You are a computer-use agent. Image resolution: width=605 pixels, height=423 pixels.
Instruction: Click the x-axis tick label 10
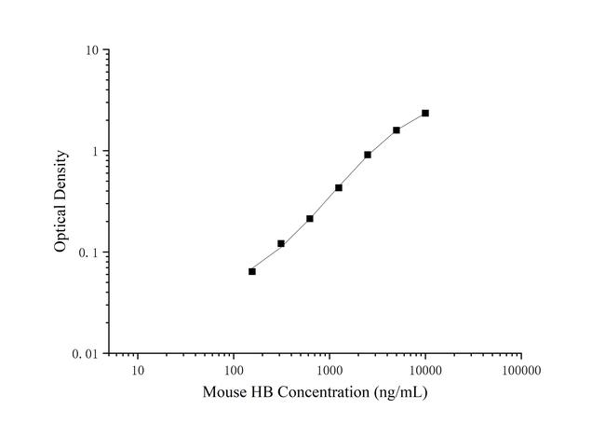pyautogui.click(x=138, y=371)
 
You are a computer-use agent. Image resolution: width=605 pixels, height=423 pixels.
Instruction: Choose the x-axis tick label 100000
pyautogui.click(x=520, y=371)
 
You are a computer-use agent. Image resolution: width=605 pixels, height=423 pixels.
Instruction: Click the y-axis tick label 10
pyautogui.click(x=93, y=49)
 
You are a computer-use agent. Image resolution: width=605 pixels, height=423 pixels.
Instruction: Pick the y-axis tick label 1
pyautogui.click(x=97, y=151)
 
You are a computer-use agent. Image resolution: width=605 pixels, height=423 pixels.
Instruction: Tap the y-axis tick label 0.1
pyautogui.click(x=90, y=252)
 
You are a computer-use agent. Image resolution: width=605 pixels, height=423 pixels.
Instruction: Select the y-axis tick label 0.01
pyautogui.click(x=87, y=354)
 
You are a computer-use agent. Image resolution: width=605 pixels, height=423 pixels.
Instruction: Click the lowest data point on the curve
pyautogui.click(x=252, y=271)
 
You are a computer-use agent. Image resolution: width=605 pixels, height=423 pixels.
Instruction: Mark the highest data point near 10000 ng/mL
pyautogui.click(x=425, y=113)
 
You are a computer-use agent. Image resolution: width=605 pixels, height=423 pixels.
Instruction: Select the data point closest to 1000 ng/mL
pyautogui.click(x=339, y=187)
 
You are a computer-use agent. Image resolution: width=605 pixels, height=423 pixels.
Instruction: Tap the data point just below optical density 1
pyautogui.click(x=368, y=155)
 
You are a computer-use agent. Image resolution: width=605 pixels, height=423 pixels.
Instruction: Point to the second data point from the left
pyautogui.click(x=281, y=243)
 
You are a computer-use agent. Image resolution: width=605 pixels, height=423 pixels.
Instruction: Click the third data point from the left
pyautogui.click(x=310, y=219)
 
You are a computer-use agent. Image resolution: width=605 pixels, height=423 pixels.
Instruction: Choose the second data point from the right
pyautogui.click(x=397, y=130)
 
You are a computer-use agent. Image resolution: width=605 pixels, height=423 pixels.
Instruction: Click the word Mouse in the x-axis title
pyautogui.click(x=224, y=392)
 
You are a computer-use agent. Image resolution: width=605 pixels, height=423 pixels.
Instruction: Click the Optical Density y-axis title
pyautogui.click(x=60, y=201)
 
